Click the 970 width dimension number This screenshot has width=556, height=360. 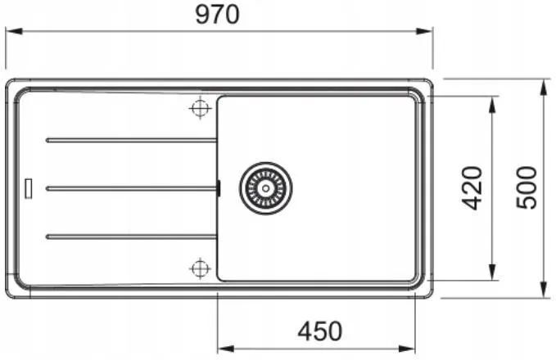pos(217,15)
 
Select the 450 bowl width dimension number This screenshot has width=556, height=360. pos(320,331)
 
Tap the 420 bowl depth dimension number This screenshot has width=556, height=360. pos(472,188)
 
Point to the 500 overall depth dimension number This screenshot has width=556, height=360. pos(527,188)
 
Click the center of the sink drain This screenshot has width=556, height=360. pos(265,188)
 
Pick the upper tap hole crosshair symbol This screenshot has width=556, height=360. pos(201,108)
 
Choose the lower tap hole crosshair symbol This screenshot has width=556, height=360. pos(201,268)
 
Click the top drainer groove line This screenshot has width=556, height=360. pos(131,141)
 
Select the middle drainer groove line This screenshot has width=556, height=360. pos(131,188)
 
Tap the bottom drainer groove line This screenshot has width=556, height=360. pos(131,236)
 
